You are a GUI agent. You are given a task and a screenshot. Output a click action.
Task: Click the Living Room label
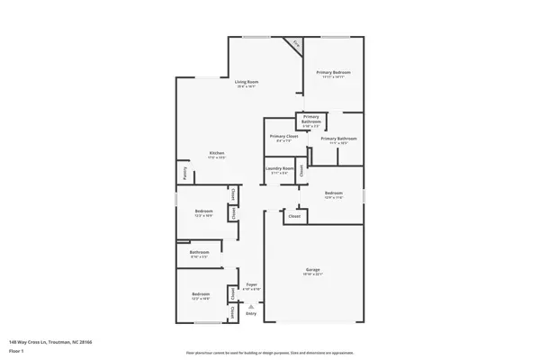pyautogui.click(x=246, y=83)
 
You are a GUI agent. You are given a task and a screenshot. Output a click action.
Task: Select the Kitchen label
pyautogui.click(x=217, y=152)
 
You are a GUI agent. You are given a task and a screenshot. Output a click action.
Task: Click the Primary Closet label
pyautogui.click(x=284, y=136)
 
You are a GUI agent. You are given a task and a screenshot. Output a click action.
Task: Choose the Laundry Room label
pyautogui.click(x=280, y=168)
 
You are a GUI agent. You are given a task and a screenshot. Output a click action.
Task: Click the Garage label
pyautogui.click(x=312, y=269)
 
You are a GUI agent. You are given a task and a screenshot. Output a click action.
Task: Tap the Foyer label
pyautogui.click(x=252, y=284)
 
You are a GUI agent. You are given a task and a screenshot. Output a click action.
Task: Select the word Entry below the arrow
pyautogui.click(x=251, y=313)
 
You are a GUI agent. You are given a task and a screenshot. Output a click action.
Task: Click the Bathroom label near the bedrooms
pyautogui.click(x=199, y=253)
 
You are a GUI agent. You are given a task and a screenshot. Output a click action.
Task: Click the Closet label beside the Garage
pyautogui.click(x=293, y=216)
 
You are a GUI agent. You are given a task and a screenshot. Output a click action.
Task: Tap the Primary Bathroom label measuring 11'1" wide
pyautogui.click(x=343, y=139)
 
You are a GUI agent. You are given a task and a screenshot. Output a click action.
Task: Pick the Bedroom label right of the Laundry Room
pyautogui.click(x=332, y=193)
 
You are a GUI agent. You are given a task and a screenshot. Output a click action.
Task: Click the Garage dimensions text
pyautogui.click(x=312, y=274)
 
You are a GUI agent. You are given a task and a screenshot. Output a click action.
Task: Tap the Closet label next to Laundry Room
pyautogui.click(x=301, y=169)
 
